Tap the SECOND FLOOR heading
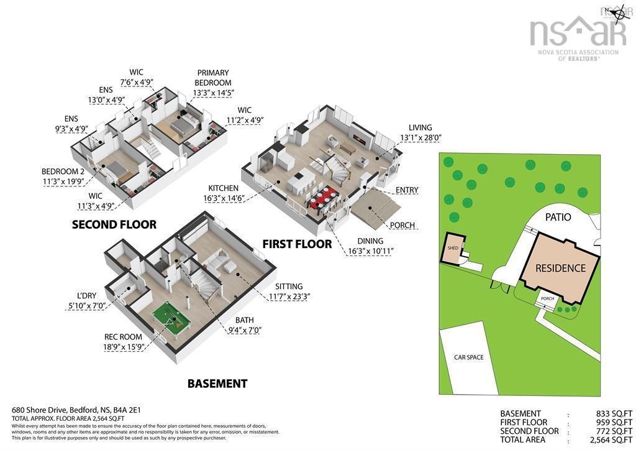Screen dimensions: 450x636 (114, 224)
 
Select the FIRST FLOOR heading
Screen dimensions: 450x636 (297, 244)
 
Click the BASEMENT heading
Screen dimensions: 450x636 (217, 383)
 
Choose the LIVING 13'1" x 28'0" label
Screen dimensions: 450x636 (420, 133)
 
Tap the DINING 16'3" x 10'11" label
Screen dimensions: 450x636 (370, 246)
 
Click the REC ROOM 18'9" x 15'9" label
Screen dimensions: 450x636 (124, 342)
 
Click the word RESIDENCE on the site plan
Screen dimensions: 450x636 (561, 268)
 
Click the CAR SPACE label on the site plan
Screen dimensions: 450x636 (468, 357)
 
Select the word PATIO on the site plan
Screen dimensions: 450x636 (558, 218)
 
